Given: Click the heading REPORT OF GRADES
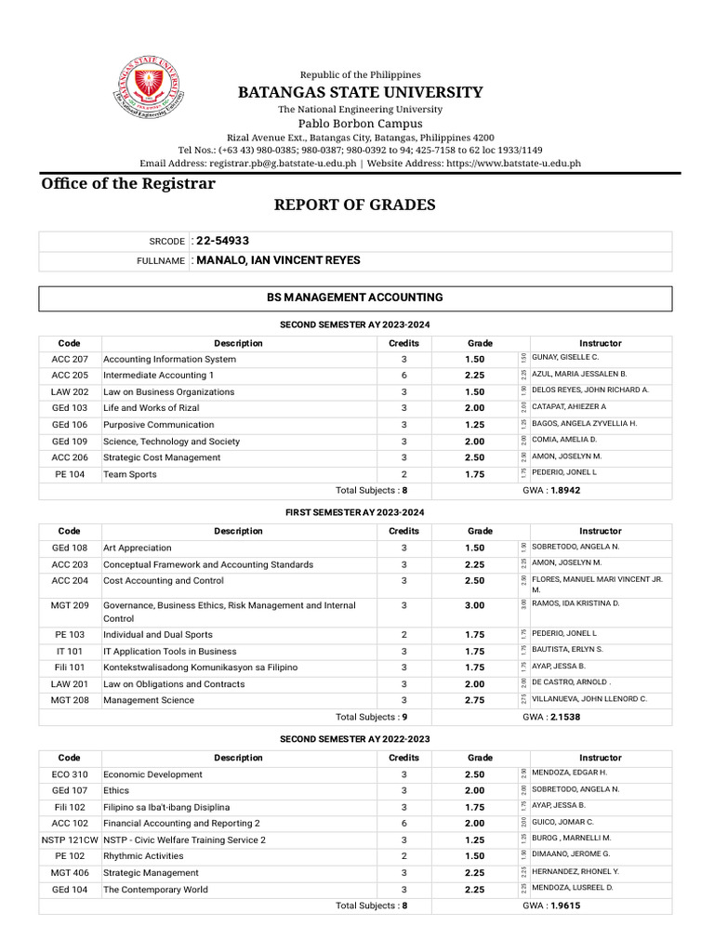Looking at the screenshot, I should pos(354,205).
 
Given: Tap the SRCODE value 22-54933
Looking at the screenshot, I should pos(222,241).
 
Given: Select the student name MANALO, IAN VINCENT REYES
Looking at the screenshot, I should pos(278,260).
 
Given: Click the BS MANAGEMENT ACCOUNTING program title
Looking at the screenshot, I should pos(354,297).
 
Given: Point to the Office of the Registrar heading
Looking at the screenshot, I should pos(128,183).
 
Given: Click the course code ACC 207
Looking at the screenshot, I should pos(70,359).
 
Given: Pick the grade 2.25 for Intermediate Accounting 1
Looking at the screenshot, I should pos(475,375).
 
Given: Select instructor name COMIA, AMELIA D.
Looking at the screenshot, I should pos(565,440).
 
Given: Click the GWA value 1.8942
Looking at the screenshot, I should pos(565,490).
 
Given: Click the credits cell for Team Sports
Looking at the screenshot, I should pos(403,474).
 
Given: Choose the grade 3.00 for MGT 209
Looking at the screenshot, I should pos(475,605).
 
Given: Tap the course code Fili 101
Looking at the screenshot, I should pos(70,668).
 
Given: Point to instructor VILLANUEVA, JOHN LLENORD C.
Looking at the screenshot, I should pos(589,699).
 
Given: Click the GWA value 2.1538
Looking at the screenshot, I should pos(565,717).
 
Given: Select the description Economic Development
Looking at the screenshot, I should pos(152,774).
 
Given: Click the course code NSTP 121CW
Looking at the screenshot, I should pos(70,840).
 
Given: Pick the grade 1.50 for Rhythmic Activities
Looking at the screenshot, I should pos(475,855).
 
